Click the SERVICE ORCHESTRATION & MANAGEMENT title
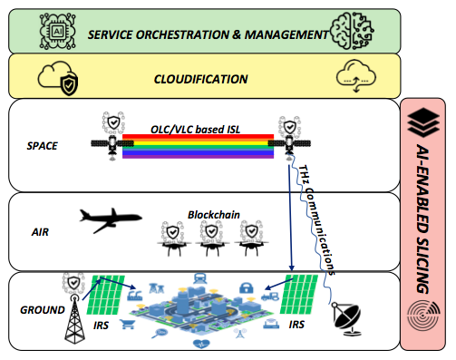pyautogui.click(x=206, y=34)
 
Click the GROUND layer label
pyautogui.click(x=36, y=309)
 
